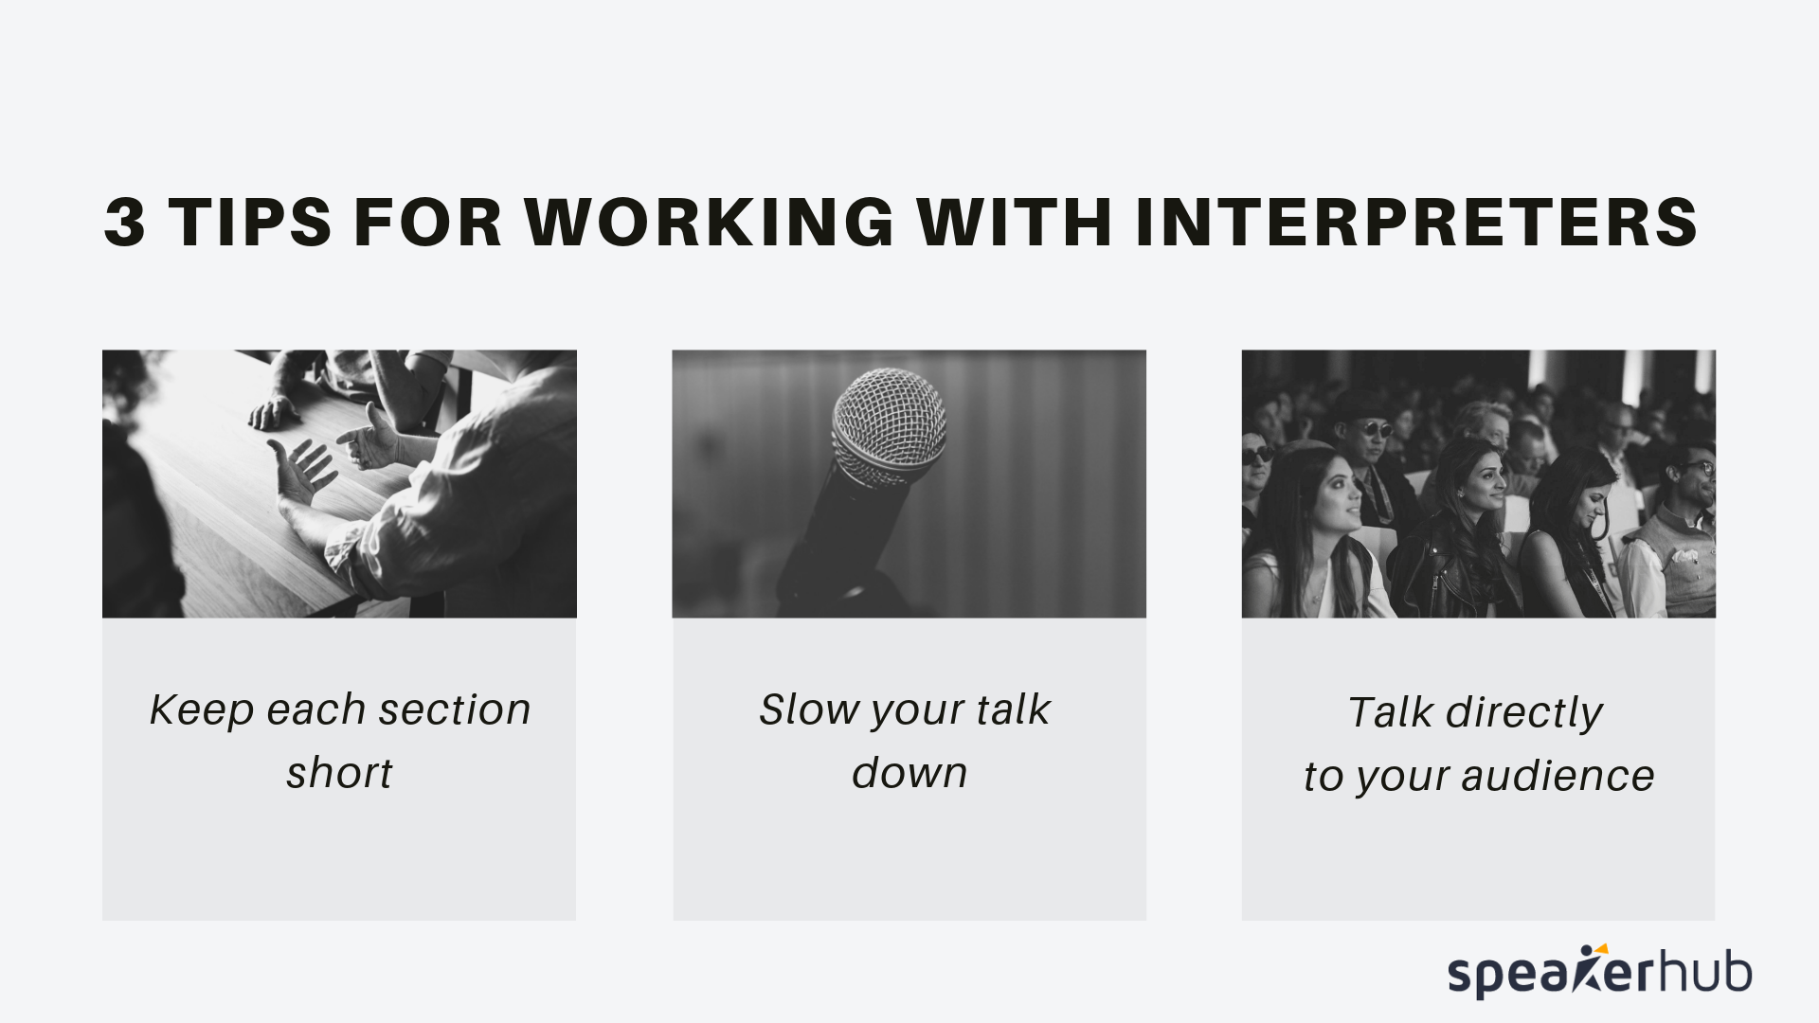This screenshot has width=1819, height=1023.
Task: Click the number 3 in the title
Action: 125,223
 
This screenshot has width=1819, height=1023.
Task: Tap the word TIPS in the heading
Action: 250,223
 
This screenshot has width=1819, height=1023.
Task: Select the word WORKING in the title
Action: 710,223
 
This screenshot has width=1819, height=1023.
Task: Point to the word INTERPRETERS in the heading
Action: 1416,223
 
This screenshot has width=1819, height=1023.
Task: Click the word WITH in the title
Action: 1014,223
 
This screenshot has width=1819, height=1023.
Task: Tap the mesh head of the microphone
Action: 888,425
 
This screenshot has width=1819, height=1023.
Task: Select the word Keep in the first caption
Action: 202,710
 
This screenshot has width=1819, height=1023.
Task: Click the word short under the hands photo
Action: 339,773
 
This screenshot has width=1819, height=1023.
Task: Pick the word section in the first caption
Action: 454,710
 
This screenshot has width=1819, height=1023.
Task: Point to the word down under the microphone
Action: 909,773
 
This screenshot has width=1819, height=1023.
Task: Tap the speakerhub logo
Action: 1599,973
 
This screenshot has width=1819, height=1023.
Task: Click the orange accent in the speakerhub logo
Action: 1601,949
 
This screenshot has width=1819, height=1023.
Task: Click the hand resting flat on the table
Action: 274,412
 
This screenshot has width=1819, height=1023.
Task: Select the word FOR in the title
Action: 426,223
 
